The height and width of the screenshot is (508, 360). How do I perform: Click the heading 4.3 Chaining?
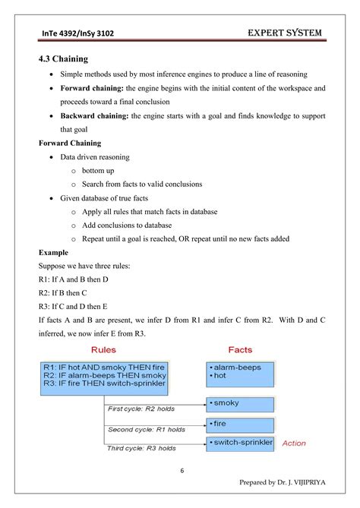coord(65,58)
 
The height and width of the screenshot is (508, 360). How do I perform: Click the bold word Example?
coord(53,252)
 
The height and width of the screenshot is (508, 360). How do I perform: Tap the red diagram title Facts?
coord(241,350)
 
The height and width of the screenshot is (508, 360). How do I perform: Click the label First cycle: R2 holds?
coord(141,409)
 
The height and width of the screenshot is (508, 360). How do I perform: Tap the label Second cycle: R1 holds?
coord(146,430)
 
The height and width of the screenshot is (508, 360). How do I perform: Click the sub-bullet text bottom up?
coord(98,171)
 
